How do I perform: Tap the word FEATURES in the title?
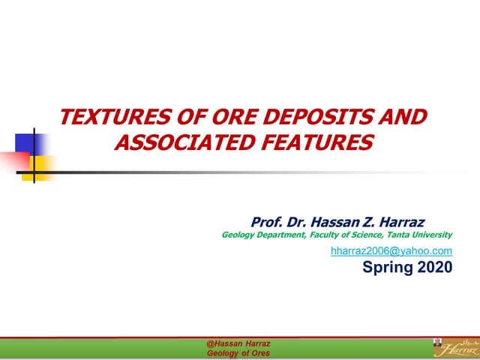[x=322, y=141]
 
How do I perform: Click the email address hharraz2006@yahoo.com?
[x=391, y=251]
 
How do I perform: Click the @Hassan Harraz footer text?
[x=238, y=343]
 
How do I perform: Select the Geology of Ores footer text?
[x=238, y=352]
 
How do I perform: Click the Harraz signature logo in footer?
[x=460, y=347]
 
